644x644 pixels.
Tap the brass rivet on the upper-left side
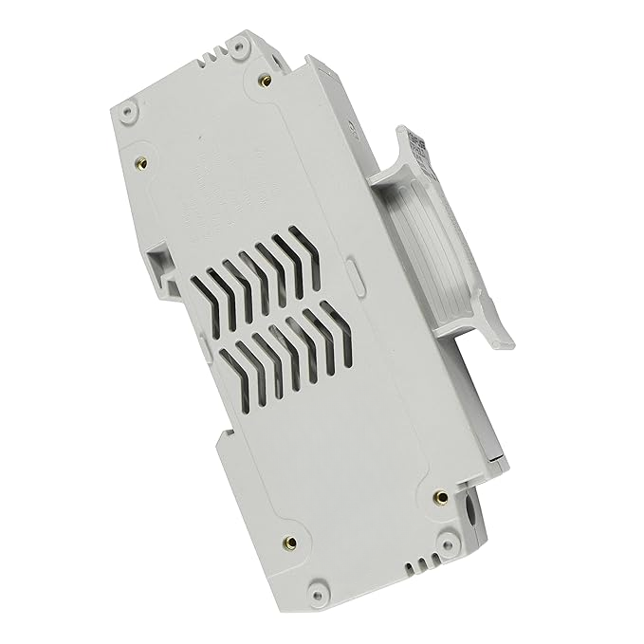click(x=142, y=161)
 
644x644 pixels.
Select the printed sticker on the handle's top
click(x=418, y=147)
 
